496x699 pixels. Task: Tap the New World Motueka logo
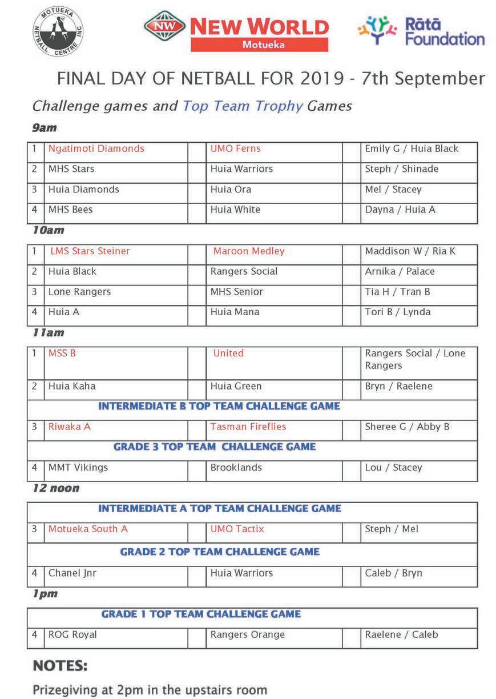(236, 32)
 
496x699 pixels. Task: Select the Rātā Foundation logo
(421, 31)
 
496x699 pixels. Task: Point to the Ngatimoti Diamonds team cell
(96, 148)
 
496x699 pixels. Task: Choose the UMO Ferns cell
(235, 148)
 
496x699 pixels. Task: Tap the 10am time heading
(48, 230)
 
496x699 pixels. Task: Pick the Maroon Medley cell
(248, 251)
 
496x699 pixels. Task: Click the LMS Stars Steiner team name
(90, 251)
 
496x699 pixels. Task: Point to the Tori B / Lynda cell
(398, 312)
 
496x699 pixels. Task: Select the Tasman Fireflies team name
(248, 427)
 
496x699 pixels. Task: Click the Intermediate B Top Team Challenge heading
(219, 406)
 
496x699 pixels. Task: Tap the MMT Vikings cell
(78, 467)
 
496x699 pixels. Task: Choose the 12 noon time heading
(55, 488)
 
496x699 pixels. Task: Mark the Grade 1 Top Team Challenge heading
(201, 614)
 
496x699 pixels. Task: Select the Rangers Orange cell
(247, 634)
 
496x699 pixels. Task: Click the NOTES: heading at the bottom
(60, 666)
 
